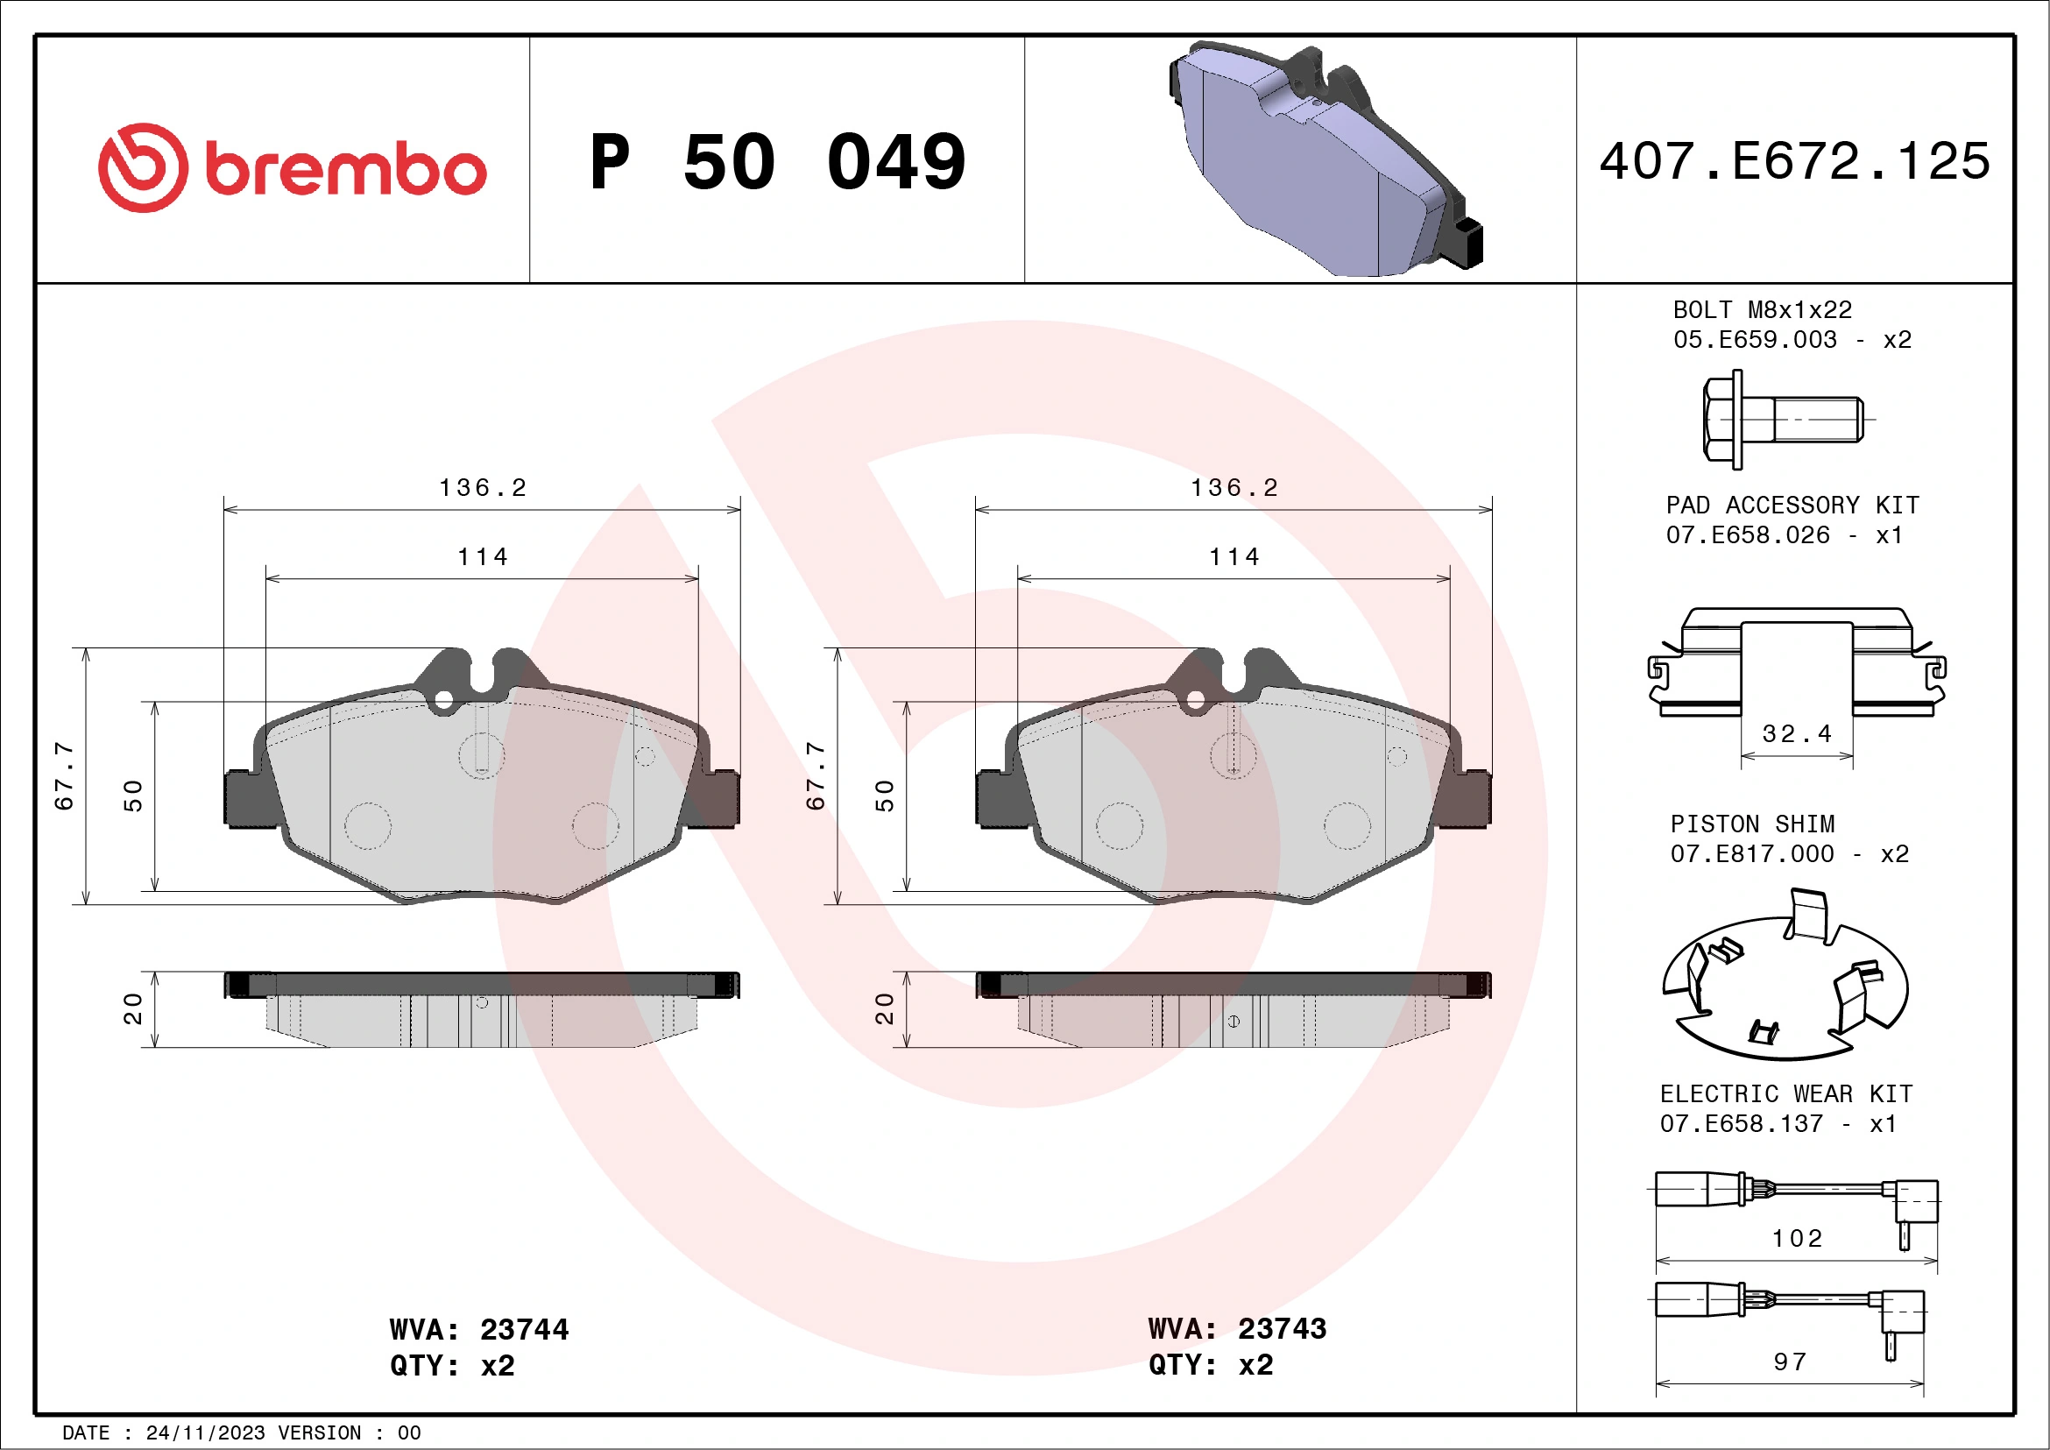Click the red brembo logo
291,168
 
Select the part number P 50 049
777,162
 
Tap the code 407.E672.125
1795,161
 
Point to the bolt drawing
1780,419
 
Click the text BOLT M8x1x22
1762,310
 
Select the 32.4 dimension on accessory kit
1797,734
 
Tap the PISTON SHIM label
1752,824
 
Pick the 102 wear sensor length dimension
1797,1238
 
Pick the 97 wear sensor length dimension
1790,1362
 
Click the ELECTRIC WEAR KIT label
1785,1093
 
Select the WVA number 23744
524,1329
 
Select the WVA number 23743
1283,1328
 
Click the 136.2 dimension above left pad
483,487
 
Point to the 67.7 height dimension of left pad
64,775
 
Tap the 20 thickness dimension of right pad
884,1008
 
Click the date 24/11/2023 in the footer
205,1433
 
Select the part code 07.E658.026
1748,534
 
